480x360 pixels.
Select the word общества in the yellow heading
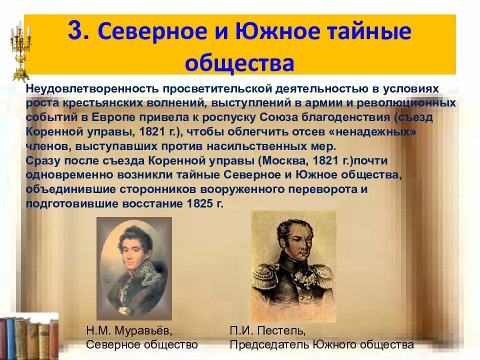point(239,62)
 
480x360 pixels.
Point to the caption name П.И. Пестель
point(267,331)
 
